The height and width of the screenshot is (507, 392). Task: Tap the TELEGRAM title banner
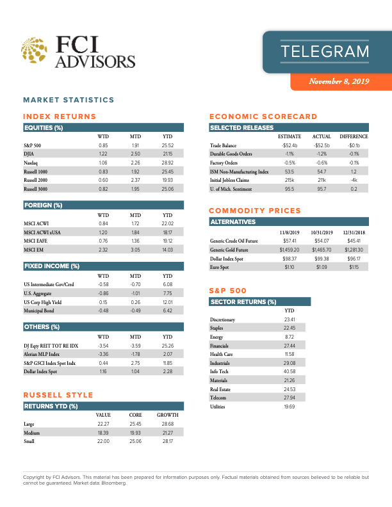click(325, 51)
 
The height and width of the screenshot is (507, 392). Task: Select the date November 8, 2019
click(339, 81)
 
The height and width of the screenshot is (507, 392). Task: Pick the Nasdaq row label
click(31, 163)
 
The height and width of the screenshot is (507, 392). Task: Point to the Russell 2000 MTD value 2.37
click(135, 181)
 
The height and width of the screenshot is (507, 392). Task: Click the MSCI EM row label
click(33, 249)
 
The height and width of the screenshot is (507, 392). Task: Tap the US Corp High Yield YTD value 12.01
click(168, 302)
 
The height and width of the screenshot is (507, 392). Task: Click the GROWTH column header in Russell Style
click(167, 415)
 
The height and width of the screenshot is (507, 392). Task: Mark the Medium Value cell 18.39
click(102, 433)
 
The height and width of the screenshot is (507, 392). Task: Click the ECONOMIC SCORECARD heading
click(263, 117)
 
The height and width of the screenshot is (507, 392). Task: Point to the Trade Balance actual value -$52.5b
click(321, 145)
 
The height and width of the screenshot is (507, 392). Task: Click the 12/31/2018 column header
click(354, 232)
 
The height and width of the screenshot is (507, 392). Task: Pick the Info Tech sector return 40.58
click(289, 371)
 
